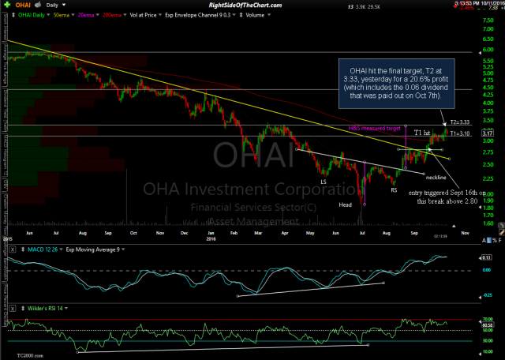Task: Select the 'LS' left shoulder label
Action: [x=324, y=182]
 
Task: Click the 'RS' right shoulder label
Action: [x=392, y=189]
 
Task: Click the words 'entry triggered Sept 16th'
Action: [x=439, y=191]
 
